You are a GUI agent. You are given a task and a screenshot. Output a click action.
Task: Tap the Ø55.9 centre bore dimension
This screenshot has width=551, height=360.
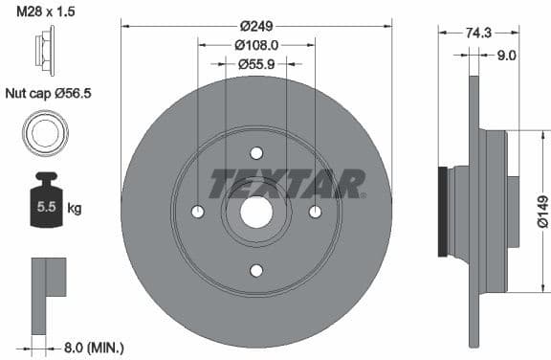[256, 63]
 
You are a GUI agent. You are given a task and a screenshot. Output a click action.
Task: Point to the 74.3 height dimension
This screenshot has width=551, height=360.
[478, 33]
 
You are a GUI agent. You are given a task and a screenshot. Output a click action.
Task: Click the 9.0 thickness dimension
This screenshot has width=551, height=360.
[506, 56]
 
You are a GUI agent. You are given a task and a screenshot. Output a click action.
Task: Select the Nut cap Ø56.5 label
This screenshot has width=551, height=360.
[48, 94]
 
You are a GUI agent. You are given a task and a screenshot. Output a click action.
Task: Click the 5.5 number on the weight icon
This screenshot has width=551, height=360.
[45, 205]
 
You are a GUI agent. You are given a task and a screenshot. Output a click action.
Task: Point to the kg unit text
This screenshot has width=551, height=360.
[76, 207]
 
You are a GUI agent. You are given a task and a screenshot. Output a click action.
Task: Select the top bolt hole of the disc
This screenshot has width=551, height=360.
[256, 153]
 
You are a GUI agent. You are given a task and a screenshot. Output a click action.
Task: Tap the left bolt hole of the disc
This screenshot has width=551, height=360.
[198, 212]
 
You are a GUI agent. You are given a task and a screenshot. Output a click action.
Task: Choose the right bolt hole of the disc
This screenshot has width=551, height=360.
[315, 212]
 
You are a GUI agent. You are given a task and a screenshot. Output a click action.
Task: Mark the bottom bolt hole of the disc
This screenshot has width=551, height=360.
[256, 270]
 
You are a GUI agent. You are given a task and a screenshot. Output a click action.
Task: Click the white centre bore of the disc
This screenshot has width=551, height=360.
[256, 212]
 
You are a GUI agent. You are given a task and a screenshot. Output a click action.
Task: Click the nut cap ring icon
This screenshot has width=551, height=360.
[45, 133]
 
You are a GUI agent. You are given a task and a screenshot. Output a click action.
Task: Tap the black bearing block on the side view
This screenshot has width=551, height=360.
[442, 211]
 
